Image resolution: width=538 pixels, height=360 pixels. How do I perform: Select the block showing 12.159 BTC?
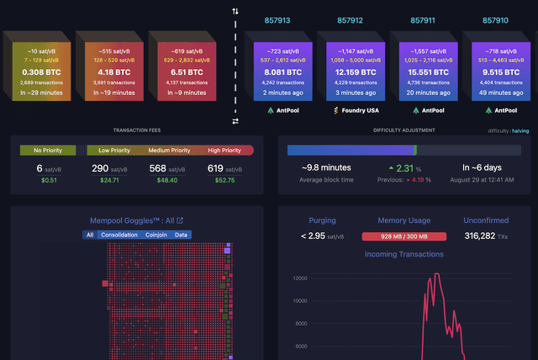349,72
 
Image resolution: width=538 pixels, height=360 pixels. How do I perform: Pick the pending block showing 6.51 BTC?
181,72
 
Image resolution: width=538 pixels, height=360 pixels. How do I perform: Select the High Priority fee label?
225,151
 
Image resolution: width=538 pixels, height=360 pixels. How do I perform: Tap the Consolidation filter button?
119,235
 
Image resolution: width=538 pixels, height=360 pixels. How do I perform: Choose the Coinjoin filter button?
156,235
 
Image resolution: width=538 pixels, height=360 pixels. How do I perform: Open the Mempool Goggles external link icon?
179,221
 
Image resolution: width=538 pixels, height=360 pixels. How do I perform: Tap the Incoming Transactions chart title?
403,254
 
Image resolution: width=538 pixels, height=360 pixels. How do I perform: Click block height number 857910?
495,19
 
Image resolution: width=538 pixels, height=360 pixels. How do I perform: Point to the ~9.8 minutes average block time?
325,167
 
